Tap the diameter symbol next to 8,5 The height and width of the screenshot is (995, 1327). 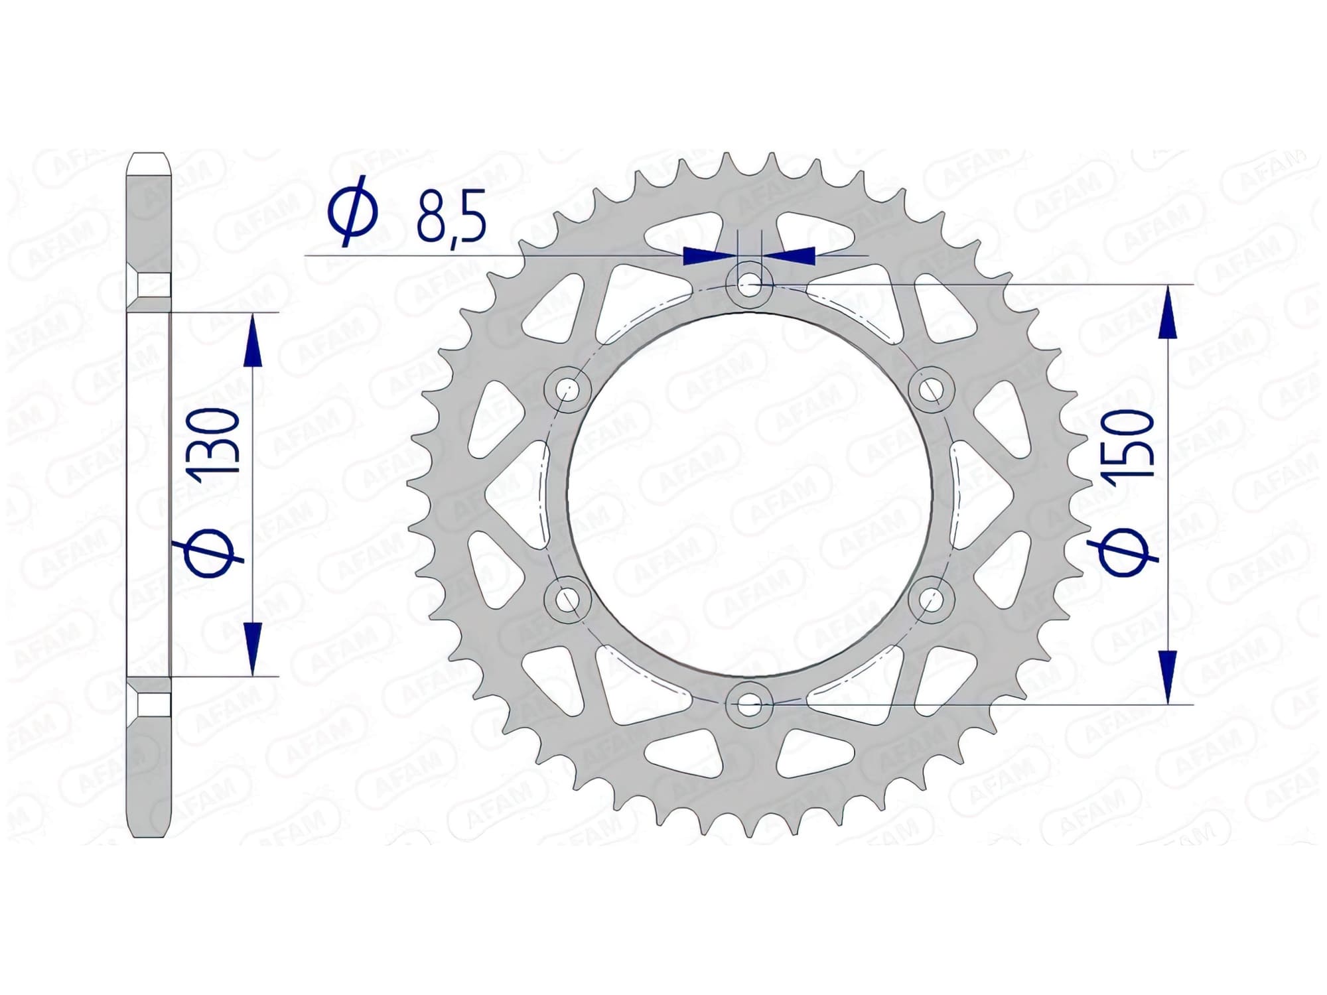pos(353,210)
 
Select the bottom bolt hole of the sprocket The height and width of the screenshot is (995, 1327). pos(749,705)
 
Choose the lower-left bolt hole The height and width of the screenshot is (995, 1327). pos(567,600)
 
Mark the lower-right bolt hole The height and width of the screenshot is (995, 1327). pos(931,600)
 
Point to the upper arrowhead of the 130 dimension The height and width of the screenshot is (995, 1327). pos(252,342)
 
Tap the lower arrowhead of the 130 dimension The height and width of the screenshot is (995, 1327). pos(252,647)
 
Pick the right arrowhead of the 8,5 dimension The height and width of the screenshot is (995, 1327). pos(793,255)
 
